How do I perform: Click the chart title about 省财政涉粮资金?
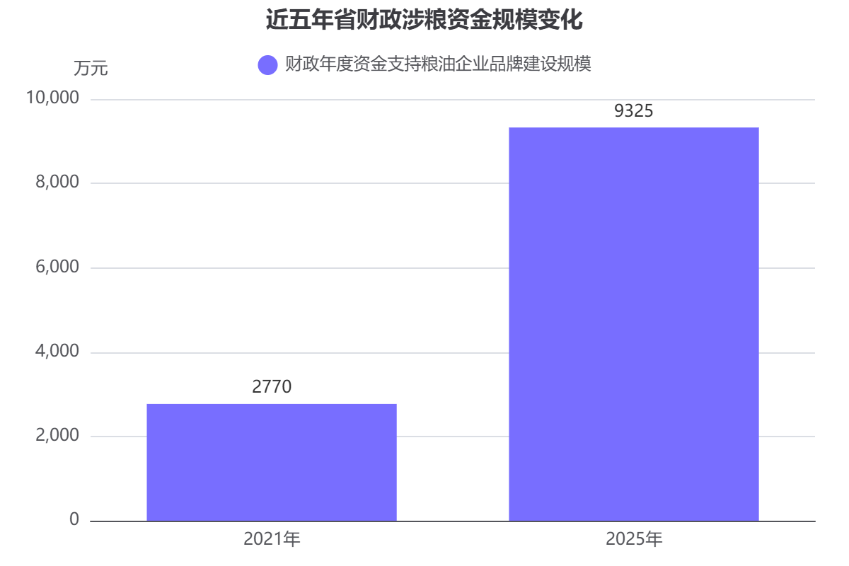pos(424,20)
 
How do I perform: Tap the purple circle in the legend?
pos(267,65)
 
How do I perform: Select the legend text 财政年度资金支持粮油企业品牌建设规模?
pos(437,65)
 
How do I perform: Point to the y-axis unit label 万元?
pos(91,69)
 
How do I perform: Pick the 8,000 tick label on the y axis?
pos(56,183)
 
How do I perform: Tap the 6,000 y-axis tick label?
pos(56,267)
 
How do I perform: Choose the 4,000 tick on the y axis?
pos(56,352)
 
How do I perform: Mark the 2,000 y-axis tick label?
pos(56,436)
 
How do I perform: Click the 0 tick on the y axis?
pos(74,520)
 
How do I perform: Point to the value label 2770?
pos(272,387)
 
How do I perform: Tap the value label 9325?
pos(634,111)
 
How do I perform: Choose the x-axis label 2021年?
pos(272,540)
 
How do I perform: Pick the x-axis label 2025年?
pos(634,540)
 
